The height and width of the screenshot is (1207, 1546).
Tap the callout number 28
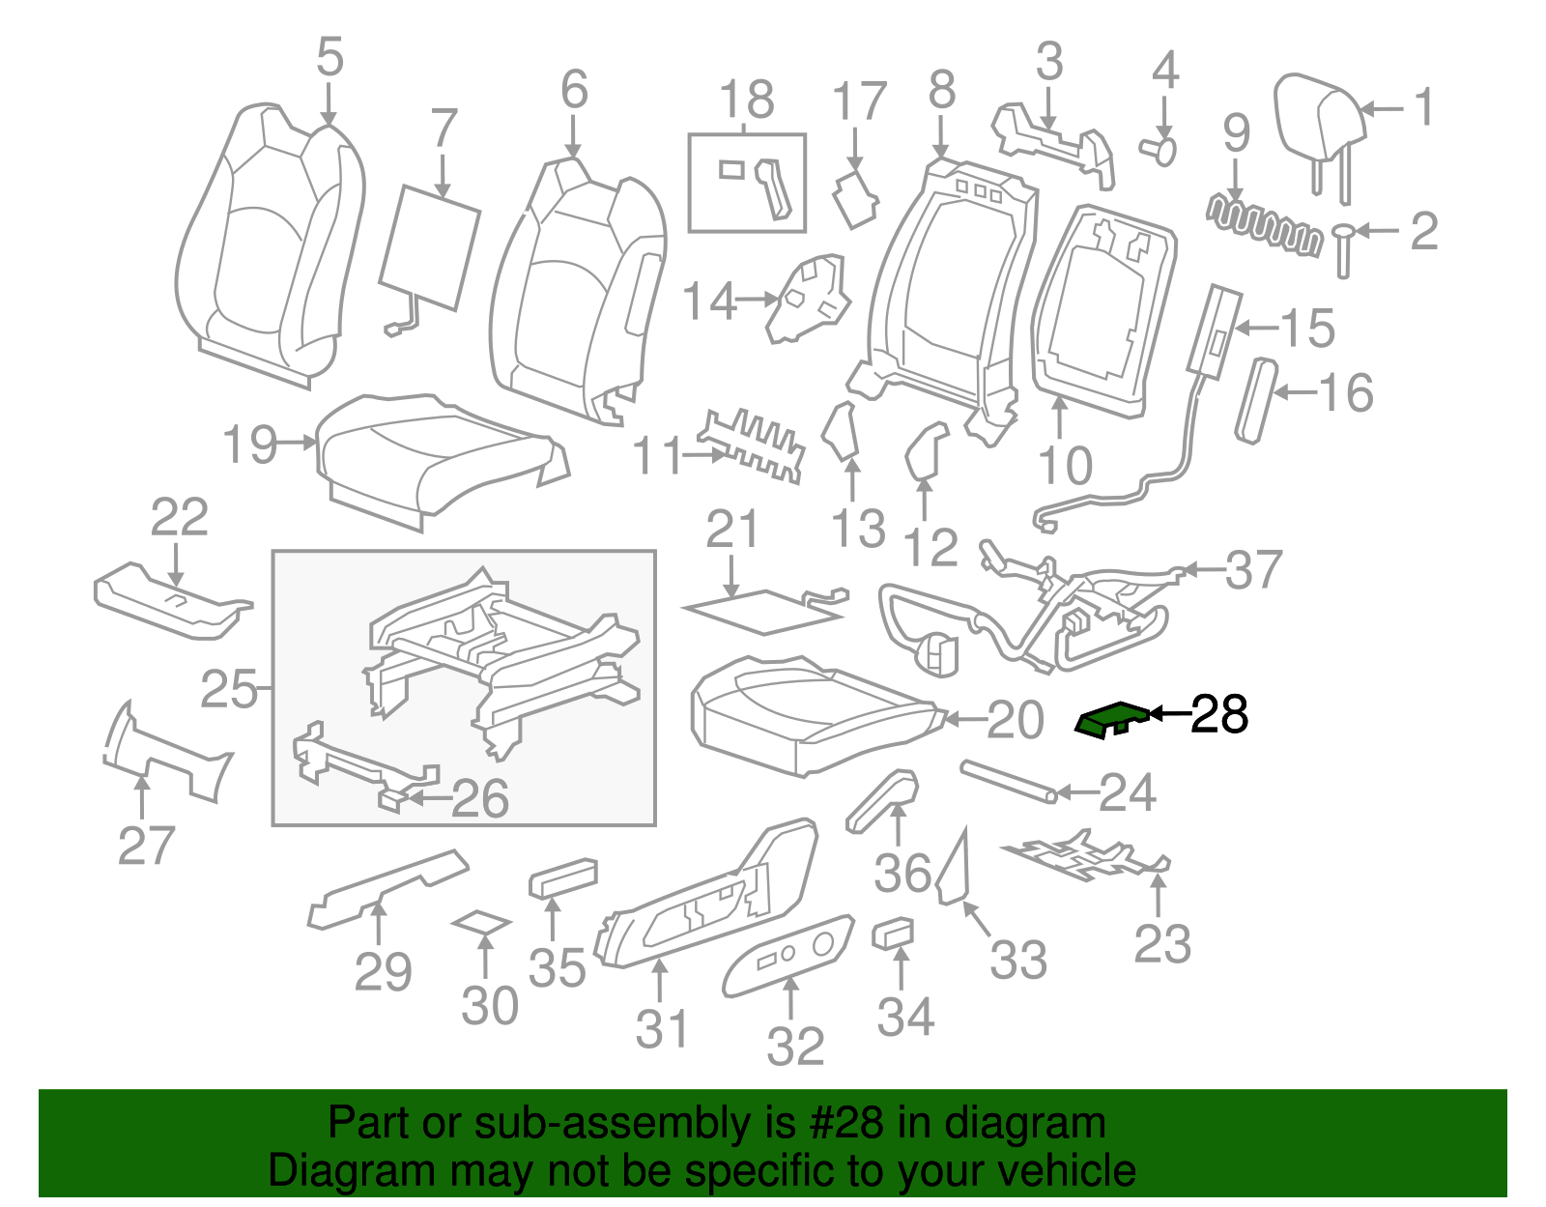click(1218, 714)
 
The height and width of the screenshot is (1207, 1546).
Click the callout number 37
click(1253, 569)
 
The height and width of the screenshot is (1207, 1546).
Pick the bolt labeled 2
click(1342, 250)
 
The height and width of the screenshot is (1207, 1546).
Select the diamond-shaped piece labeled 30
click(481, 923)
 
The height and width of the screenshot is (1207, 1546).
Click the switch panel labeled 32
click(787, 955)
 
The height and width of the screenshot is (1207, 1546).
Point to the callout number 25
click(228, 688)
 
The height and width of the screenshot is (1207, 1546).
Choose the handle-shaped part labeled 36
click(882, 800)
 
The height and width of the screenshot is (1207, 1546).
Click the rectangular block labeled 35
click(562, 878)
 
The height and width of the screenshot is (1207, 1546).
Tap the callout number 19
click(249, 444)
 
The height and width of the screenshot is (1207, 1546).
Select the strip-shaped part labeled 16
click(1256, 400)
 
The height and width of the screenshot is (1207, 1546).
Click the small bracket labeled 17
click(856, 200)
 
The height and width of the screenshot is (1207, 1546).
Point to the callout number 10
click(1065, 466)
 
